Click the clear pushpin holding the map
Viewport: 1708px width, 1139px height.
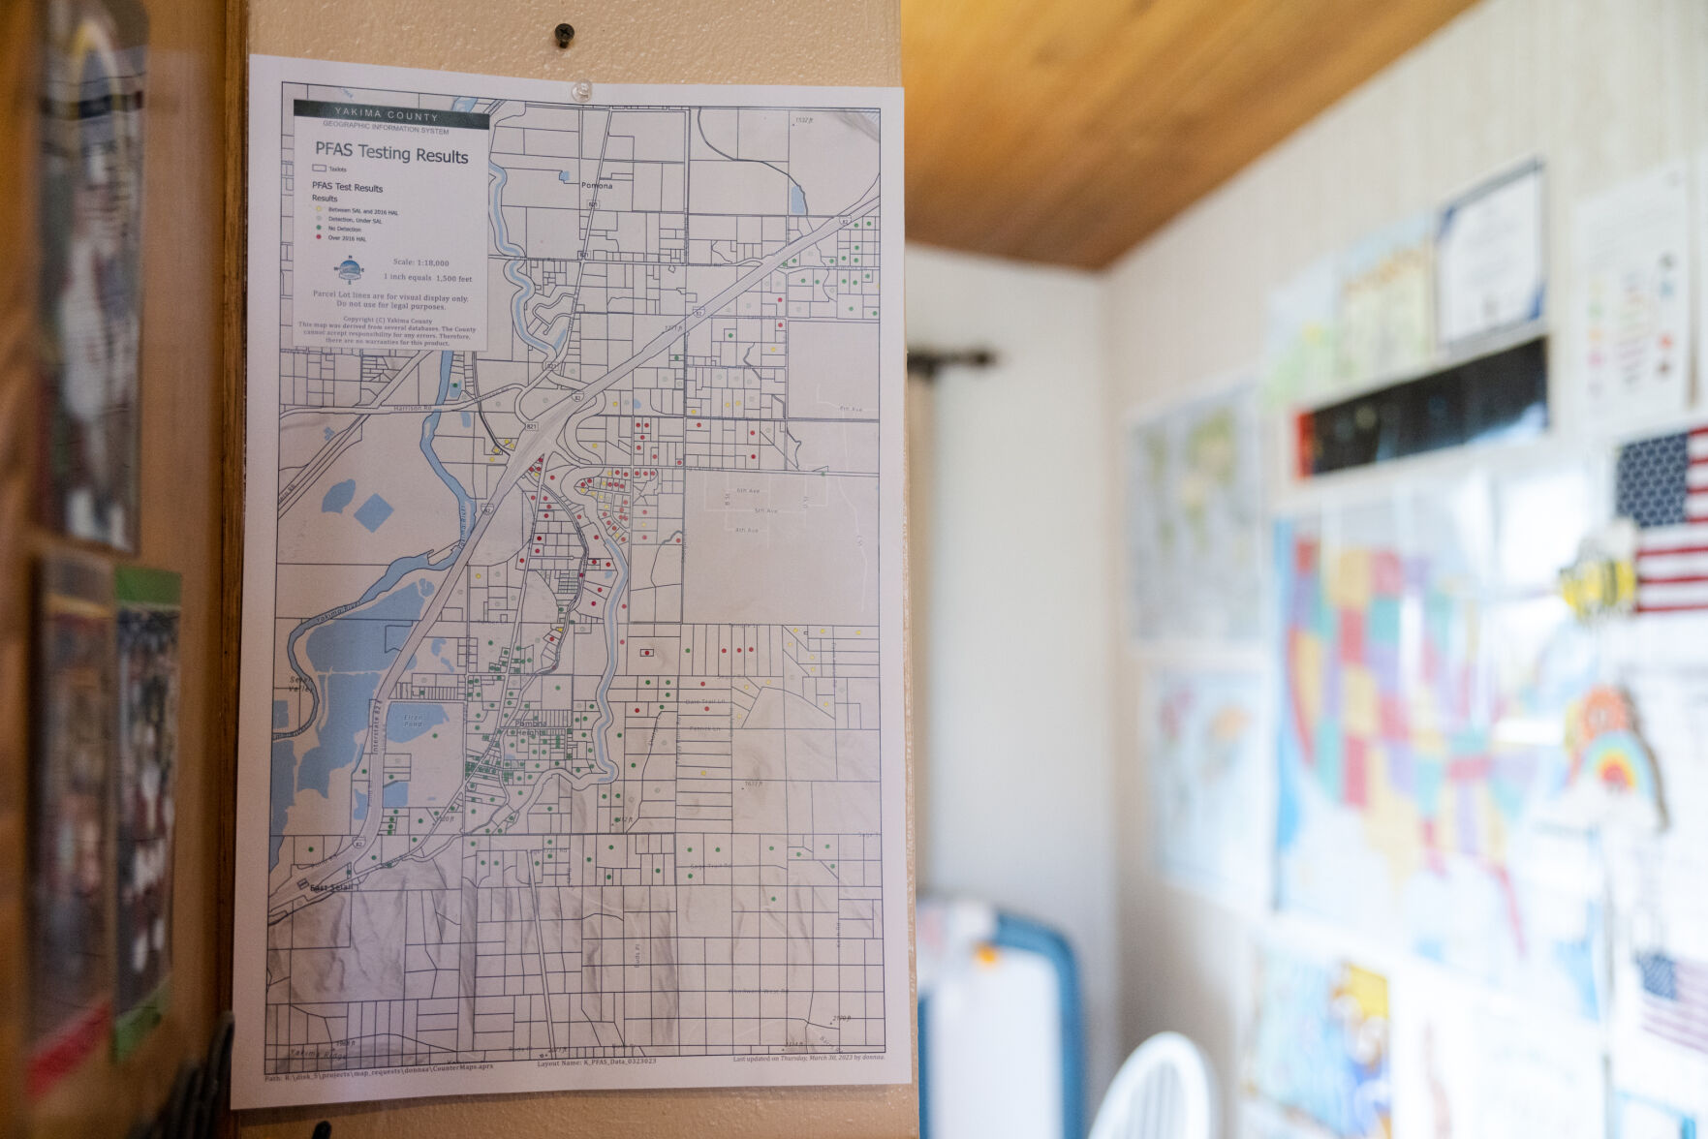click(x=582, y=91)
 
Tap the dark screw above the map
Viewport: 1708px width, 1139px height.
click(x=564, y=36)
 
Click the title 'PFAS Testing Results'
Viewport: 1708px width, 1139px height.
click(x=391, y=153)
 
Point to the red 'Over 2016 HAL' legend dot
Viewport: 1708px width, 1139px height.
click(x=318, y=238)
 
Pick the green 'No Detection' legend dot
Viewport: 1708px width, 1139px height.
click(x=318, y=230)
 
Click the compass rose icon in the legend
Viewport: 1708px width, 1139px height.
click(x=348, y=268)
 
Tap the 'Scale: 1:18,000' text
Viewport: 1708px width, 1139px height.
click(x=420, y=262)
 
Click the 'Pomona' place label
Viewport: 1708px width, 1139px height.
click(x=597, y=185)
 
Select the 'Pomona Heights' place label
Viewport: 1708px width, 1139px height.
click(x=531, y=728)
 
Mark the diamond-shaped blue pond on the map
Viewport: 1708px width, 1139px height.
click(x=373, y=511)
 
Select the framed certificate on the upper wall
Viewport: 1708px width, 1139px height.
click(x=1489, y=254)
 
